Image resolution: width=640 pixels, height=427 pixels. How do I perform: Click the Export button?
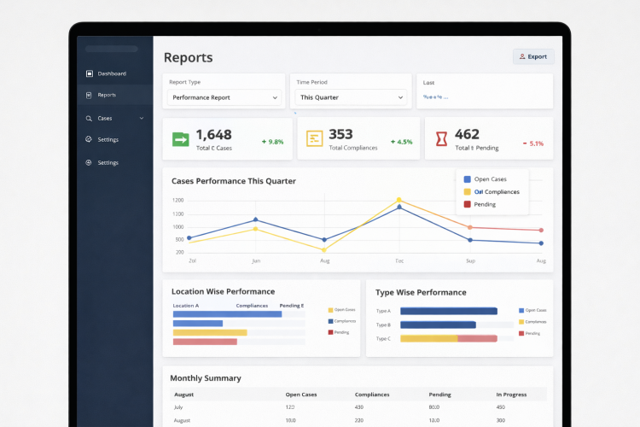coord(533,56)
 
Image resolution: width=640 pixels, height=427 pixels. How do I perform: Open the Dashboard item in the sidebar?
coord(111,73)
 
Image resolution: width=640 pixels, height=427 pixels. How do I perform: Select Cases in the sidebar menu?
coord(104,118)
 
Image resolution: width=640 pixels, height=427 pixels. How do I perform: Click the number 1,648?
coord(213,134)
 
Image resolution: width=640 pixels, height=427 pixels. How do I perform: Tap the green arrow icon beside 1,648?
coord(180,139)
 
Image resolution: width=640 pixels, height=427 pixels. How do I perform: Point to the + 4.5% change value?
coord(401,142)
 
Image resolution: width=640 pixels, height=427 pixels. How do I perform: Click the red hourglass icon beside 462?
coord(441,139)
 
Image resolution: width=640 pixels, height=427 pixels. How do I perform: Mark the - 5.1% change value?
coord(533,143)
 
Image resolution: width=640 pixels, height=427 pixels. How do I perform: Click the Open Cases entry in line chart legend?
coord(490,179)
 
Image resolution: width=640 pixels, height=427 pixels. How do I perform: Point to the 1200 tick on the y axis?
coord(177,201)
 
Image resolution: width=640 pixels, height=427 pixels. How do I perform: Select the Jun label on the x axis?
coord(255,260)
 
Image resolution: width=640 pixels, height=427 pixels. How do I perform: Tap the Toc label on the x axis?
coord(399,260)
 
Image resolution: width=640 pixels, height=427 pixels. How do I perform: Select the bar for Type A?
coord(448,311)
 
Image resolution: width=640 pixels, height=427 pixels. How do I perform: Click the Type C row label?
coord(383,339)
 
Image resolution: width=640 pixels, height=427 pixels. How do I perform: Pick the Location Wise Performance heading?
coord(223,292)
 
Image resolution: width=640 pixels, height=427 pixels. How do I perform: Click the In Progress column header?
coord(512,395)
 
